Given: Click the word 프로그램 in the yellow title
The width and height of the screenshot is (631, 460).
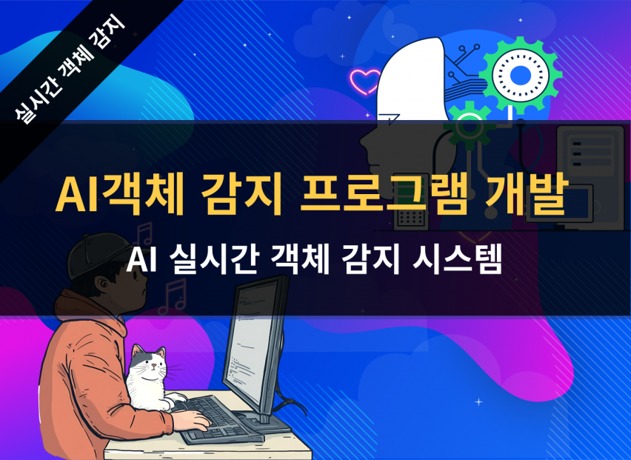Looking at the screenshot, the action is coord(384,193).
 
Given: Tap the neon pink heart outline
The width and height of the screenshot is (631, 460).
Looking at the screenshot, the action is coord(365,81).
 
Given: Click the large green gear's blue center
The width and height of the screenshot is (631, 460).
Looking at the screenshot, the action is coord(521,76).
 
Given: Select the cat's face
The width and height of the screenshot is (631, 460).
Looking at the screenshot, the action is coord(150,364).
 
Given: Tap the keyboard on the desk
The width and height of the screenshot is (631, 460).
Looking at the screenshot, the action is coord(217,419).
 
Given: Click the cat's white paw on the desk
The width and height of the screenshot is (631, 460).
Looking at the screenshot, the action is coord(176,399).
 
